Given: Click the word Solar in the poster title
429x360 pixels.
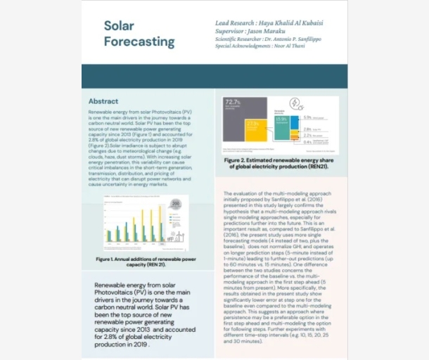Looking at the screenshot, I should (119, 26).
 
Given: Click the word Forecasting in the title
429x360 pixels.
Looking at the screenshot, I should (139, 42).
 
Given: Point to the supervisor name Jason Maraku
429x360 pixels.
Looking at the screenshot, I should (276, 31).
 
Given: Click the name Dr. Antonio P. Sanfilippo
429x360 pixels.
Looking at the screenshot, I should (291, 39).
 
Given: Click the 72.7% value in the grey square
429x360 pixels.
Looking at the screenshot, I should (233, 103).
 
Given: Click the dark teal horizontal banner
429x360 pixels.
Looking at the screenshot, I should (214, 76).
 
